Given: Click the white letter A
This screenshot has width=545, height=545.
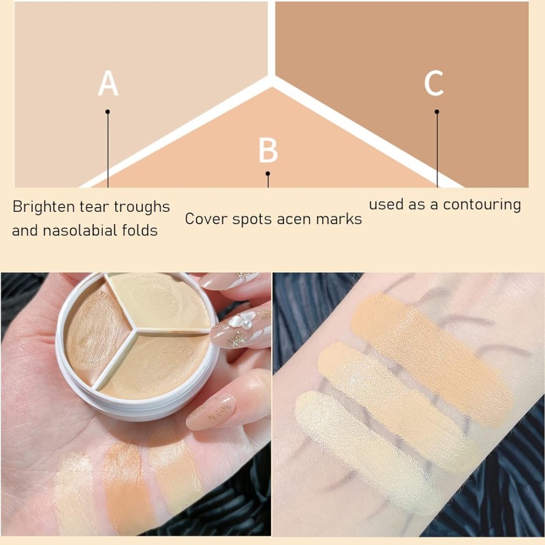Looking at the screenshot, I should point(108,83).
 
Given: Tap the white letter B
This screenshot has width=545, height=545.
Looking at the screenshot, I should point(268,151).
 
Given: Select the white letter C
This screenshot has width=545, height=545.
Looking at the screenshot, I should point(434,83).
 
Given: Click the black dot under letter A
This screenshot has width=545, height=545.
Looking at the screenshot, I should point(108,111).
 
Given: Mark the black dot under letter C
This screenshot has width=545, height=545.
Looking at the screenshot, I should point(437,111).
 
